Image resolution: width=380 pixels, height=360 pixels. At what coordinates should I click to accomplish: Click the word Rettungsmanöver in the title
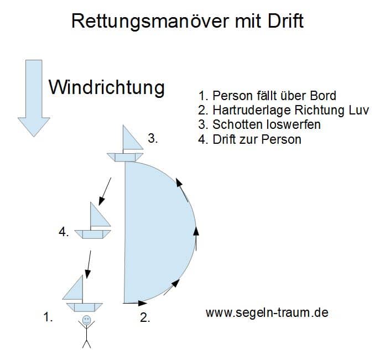tap(150, 22)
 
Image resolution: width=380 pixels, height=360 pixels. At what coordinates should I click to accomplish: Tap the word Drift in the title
tap(285, 21)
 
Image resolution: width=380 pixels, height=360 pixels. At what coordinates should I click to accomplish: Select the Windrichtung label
tap(107, 88)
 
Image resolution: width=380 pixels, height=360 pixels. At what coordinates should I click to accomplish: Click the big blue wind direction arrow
tap(34, 98)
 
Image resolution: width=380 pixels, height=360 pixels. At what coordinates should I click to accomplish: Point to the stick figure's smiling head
tap(86, 320)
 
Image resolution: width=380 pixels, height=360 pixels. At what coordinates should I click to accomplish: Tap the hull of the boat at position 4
tap(92, 234)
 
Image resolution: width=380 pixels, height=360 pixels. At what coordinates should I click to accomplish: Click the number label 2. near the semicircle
tap(145, 317)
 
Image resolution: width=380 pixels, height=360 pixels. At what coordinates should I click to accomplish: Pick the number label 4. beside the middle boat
tap(64, 232)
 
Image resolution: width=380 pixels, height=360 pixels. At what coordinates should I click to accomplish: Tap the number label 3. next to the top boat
tap(153, 138)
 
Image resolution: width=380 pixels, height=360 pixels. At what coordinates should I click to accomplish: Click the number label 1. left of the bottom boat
tap(48, 317)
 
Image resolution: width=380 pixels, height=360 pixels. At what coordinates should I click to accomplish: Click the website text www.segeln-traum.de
tap(267, 312)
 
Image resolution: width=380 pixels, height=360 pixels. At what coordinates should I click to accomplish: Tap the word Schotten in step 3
tap(237, 125)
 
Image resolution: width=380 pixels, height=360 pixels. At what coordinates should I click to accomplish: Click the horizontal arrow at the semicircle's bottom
tap(135, 303)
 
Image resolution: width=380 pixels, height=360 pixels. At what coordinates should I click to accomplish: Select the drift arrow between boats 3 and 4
tap(105, 191)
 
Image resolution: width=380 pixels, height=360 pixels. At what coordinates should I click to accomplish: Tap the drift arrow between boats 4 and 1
tap(88, 264)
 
